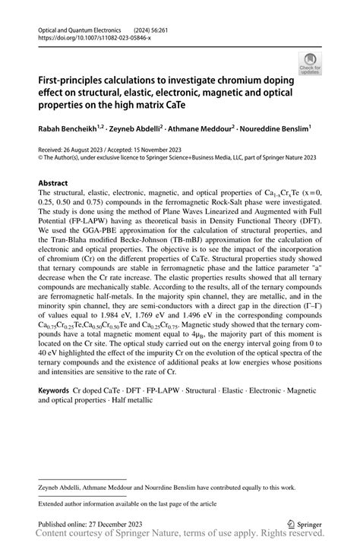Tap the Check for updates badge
[310, 64]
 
